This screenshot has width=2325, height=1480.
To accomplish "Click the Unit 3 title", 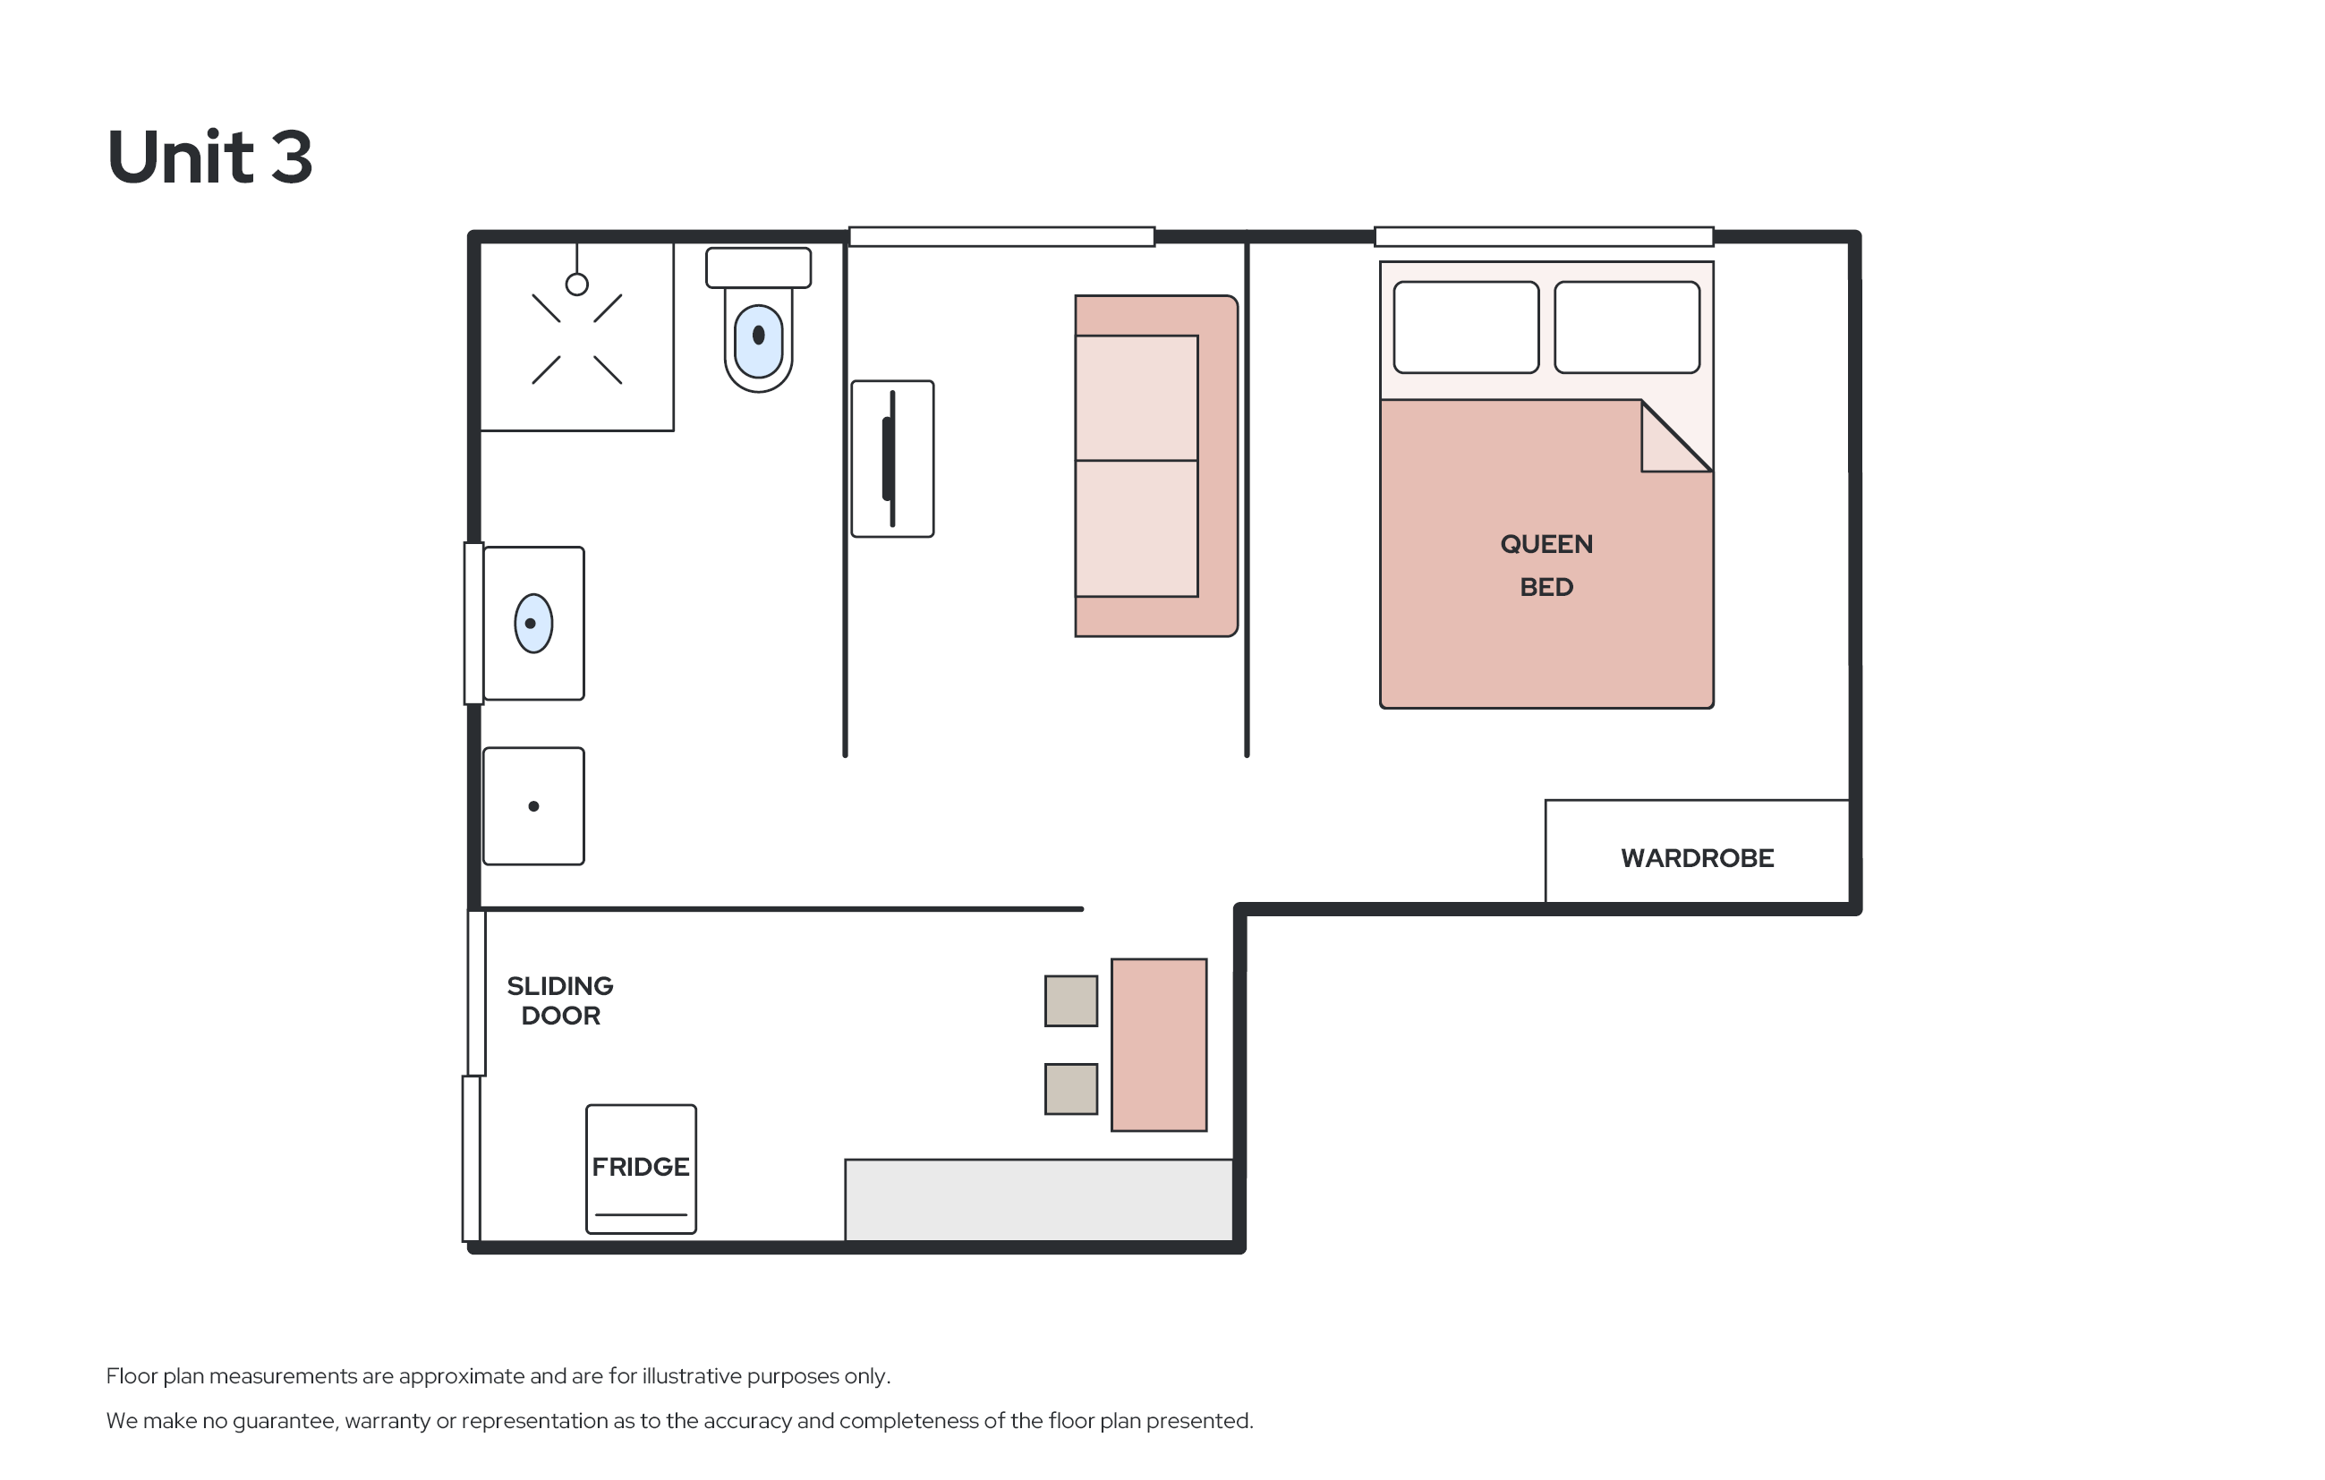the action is [209, 157].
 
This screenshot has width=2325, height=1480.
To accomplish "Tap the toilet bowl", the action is [758, 341].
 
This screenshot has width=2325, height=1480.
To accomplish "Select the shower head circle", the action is [576, 284].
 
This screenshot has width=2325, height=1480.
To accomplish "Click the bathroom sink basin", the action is [533, 624].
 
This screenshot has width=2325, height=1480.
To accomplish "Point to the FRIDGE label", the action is [640, 1167].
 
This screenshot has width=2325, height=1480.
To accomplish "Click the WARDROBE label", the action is [1697, 858].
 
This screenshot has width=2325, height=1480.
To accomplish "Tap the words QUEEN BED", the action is [1546, 566].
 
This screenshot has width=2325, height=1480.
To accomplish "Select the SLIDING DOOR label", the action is [560, 1000].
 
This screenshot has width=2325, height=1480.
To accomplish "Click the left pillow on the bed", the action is [1466, 327].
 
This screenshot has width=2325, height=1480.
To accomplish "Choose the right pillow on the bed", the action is [1627, 327].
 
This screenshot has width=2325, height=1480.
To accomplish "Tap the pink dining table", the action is [1159, 1044].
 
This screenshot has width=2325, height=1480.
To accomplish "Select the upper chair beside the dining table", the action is [1071, 1000].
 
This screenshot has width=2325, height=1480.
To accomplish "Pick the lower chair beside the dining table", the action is [1071, 1089].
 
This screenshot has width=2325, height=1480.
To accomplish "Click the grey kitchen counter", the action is [1039, 1200].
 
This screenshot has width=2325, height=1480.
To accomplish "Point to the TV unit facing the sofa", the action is [892, 458].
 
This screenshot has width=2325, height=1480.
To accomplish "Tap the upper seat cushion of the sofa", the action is [1137, 398].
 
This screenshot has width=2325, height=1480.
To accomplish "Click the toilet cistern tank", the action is [758, 268].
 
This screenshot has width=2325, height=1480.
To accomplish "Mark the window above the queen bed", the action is [1544, 236].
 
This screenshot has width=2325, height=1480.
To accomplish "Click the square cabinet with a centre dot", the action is [533, 806].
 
